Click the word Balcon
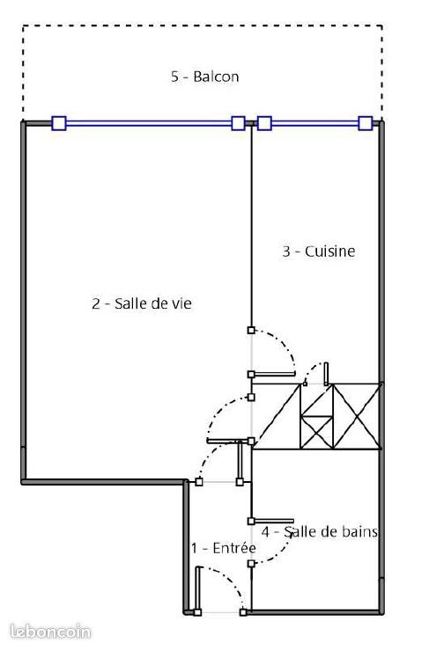click(216, 77)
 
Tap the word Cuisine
click(329, 252)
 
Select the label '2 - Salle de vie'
click(142, 303)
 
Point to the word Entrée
click(234, 548)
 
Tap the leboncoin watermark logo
click(50, 632)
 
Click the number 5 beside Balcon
click(174, 77)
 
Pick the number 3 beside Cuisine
click(286, 252)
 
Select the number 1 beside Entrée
click(195, 548)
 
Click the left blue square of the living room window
click(59, 123)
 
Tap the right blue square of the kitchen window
click(366, 123)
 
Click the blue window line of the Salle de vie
click(149, 123)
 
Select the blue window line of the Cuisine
click(314, 123)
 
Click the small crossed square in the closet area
click(317, 432)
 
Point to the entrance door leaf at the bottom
click(197, 588)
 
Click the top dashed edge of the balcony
click(203, 26)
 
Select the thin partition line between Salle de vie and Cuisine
click(251, 226)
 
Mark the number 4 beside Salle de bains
click(265, 531)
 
